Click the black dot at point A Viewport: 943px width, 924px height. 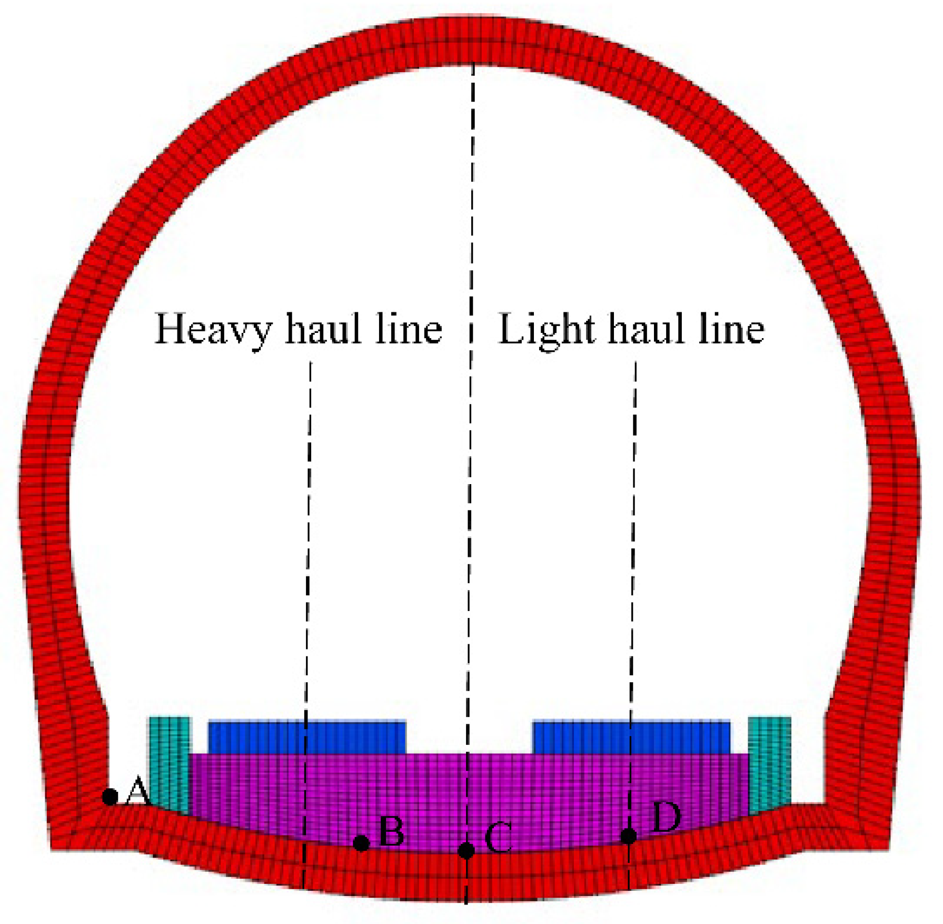[x=110, y=796]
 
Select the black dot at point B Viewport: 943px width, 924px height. [x=361, y=843]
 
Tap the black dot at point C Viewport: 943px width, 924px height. [x=466, y=850]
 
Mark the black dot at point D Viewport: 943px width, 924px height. [x=628, y=835]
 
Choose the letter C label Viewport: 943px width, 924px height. [x=498, y=838]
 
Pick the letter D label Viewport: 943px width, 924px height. [x=666, y=817]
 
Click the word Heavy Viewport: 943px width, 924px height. [x=213, y=330]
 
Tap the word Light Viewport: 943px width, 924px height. [x=547, y=330]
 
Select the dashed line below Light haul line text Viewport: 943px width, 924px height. [x=633, y=527]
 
